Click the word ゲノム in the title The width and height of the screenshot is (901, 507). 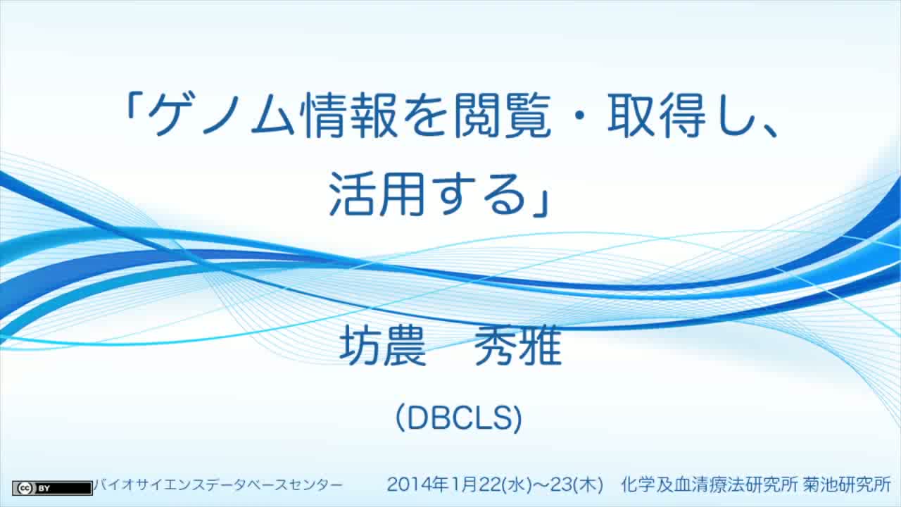click(x=222, y=115)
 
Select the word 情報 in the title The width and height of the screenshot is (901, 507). click(x=351, y=115)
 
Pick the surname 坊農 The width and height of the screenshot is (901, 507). click(x=383, y=346)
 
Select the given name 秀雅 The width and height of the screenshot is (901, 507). click(x=518, y=346)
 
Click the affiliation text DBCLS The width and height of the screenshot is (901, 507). click(x=459, y=418)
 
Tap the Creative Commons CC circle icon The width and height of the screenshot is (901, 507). click(x=25, y=488)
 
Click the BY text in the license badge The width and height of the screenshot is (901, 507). click(x=44, y=489)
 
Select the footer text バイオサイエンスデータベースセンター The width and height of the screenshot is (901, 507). click(x=218, y=485)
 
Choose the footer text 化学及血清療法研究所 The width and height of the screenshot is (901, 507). click(x=710, y=485)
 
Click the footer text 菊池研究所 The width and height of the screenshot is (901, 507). click(x=847, y=485)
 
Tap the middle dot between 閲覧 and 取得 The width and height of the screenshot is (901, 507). click(x=579, y=116)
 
